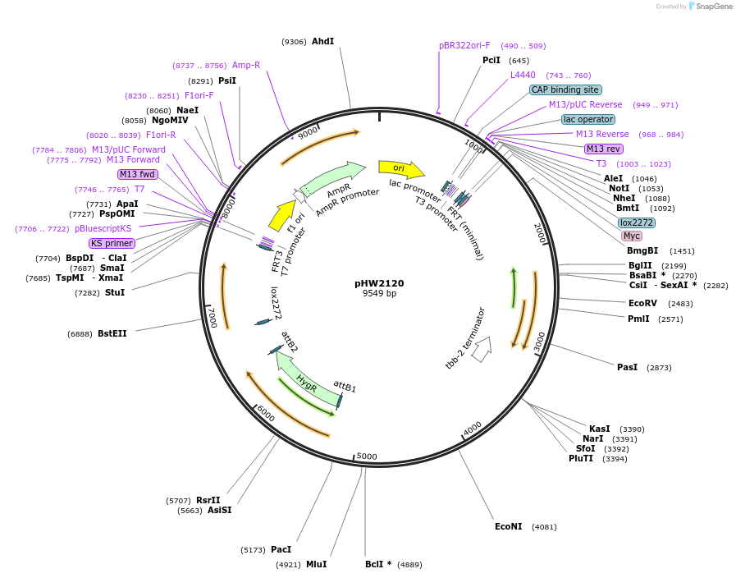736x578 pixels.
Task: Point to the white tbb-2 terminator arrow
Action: (x=482, y=349)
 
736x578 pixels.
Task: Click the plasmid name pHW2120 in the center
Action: (x=379, y=283)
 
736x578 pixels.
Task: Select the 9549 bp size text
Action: (x=379, y=293)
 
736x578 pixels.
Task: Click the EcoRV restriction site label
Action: (x=642, y=303)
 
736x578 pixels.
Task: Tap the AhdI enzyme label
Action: (x=323, y=41)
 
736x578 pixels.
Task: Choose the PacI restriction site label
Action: (x=281, y=549)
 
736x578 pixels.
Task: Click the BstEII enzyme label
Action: (x=112, y=333)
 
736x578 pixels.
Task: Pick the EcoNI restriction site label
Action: (x=509, y=526)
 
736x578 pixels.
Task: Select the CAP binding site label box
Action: (x=565, y=89)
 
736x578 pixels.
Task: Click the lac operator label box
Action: (x=588, y=119)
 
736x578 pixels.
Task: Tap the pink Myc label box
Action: (x=632, y=236)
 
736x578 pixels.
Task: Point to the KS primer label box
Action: (x=112, y=243)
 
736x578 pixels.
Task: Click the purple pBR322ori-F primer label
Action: (x=464, y=45)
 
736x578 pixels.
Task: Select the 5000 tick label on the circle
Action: (x=367, y=456)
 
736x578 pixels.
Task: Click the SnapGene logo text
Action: (x=714, y=6)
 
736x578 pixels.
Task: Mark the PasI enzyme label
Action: (x=627, y=367)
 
